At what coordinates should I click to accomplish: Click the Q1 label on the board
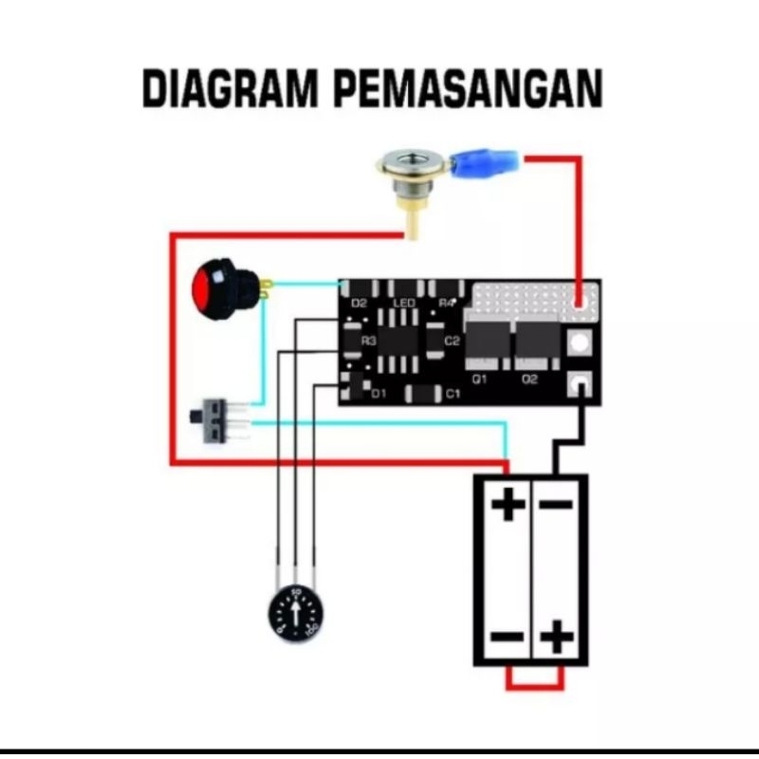(480, 379)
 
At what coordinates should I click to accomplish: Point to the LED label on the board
(404, 303)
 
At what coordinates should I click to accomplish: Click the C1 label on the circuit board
(453, 393)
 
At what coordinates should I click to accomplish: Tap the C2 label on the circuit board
(453, 340)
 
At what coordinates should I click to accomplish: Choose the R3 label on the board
(369, 340)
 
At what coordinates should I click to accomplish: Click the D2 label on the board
(359, 303)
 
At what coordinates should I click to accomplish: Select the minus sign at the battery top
(557, 504)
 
